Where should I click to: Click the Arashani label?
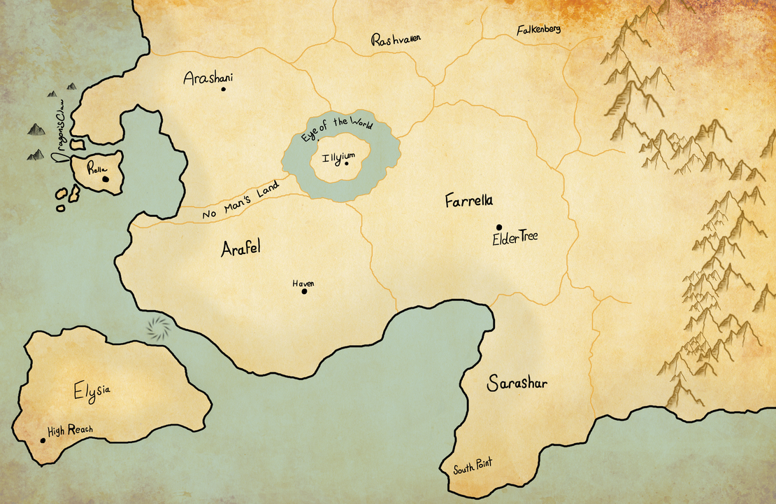(x=208, y=77)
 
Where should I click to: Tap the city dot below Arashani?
(x=223, y=89)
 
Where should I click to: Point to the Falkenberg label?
(x=538, y=30)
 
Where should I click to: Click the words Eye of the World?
(x=336, y=129)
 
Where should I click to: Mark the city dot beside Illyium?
(x=347, y=164)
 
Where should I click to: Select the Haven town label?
(x=303, y=283)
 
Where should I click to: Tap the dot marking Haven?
(x=304, y=291)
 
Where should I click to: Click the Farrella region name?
(x=469, y=202)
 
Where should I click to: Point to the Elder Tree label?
(x=515, y=239)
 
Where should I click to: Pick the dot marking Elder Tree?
(x=498, y=227)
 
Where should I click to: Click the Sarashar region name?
(x=517, y=384)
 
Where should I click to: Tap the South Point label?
(x=472, y=466)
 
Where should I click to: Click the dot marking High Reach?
(x=43, y=440)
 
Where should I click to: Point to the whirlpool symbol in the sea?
(x=159, y=328)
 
